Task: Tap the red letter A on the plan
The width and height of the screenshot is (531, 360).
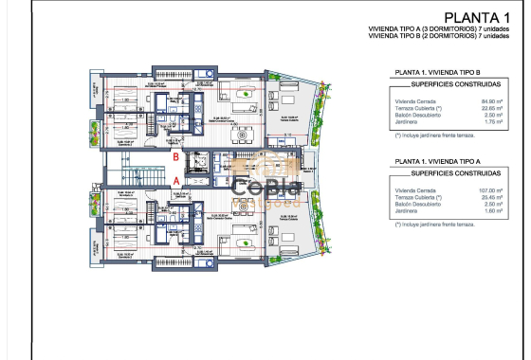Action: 175,177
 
